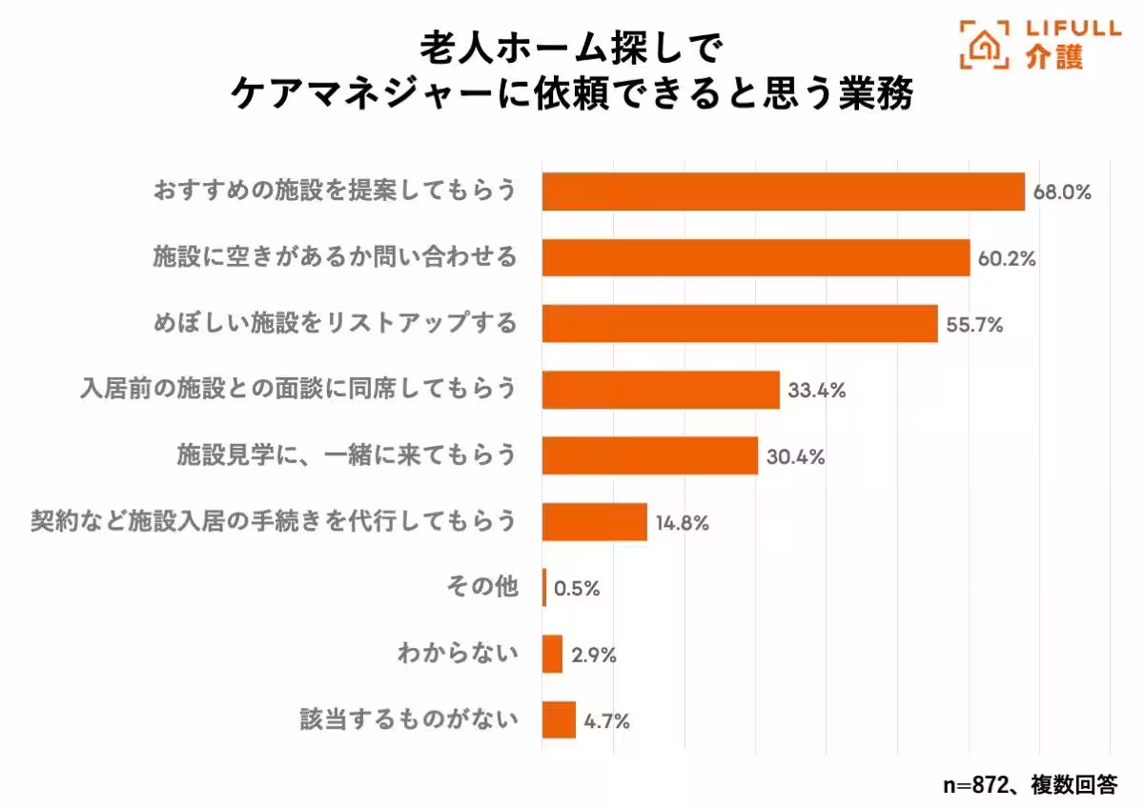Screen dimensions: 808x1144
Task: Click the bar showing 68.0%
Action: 783,192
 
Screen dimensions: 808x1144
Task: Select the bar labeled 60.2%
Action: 755,257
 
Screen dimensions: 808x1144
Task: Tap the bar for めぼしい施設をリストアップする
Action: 740,324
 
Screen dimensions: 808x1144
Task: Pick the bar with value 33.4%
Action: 661,390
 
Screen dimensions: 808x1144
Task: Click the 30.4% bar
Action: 649,455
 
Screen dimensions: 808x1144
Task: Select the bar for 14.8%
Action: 594,522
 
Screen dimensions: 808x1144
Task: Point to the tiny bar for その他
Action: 544,588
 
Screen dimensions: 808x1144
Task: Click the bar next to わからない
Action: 552,655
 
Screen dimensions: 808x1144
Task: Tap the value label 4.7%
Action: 606,721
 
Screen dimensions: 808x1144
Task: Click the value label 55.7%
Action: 974,325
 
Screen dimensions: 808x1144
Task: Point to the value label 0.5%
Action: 577,589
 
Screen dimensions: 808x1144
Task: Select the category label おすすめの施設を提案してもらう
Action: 335,191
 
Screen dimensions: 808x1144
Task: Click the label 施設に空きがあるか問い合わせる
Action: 335,257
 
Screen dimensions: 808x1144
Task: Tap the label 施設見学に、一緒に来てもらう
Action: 346,455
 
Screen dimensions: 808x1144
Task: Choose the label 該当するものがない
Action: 409,720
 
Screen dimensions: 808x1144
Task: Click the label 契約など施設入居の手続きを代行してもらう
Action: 274,521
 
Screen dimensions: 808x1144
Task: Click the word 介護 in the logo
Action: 1055,58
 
